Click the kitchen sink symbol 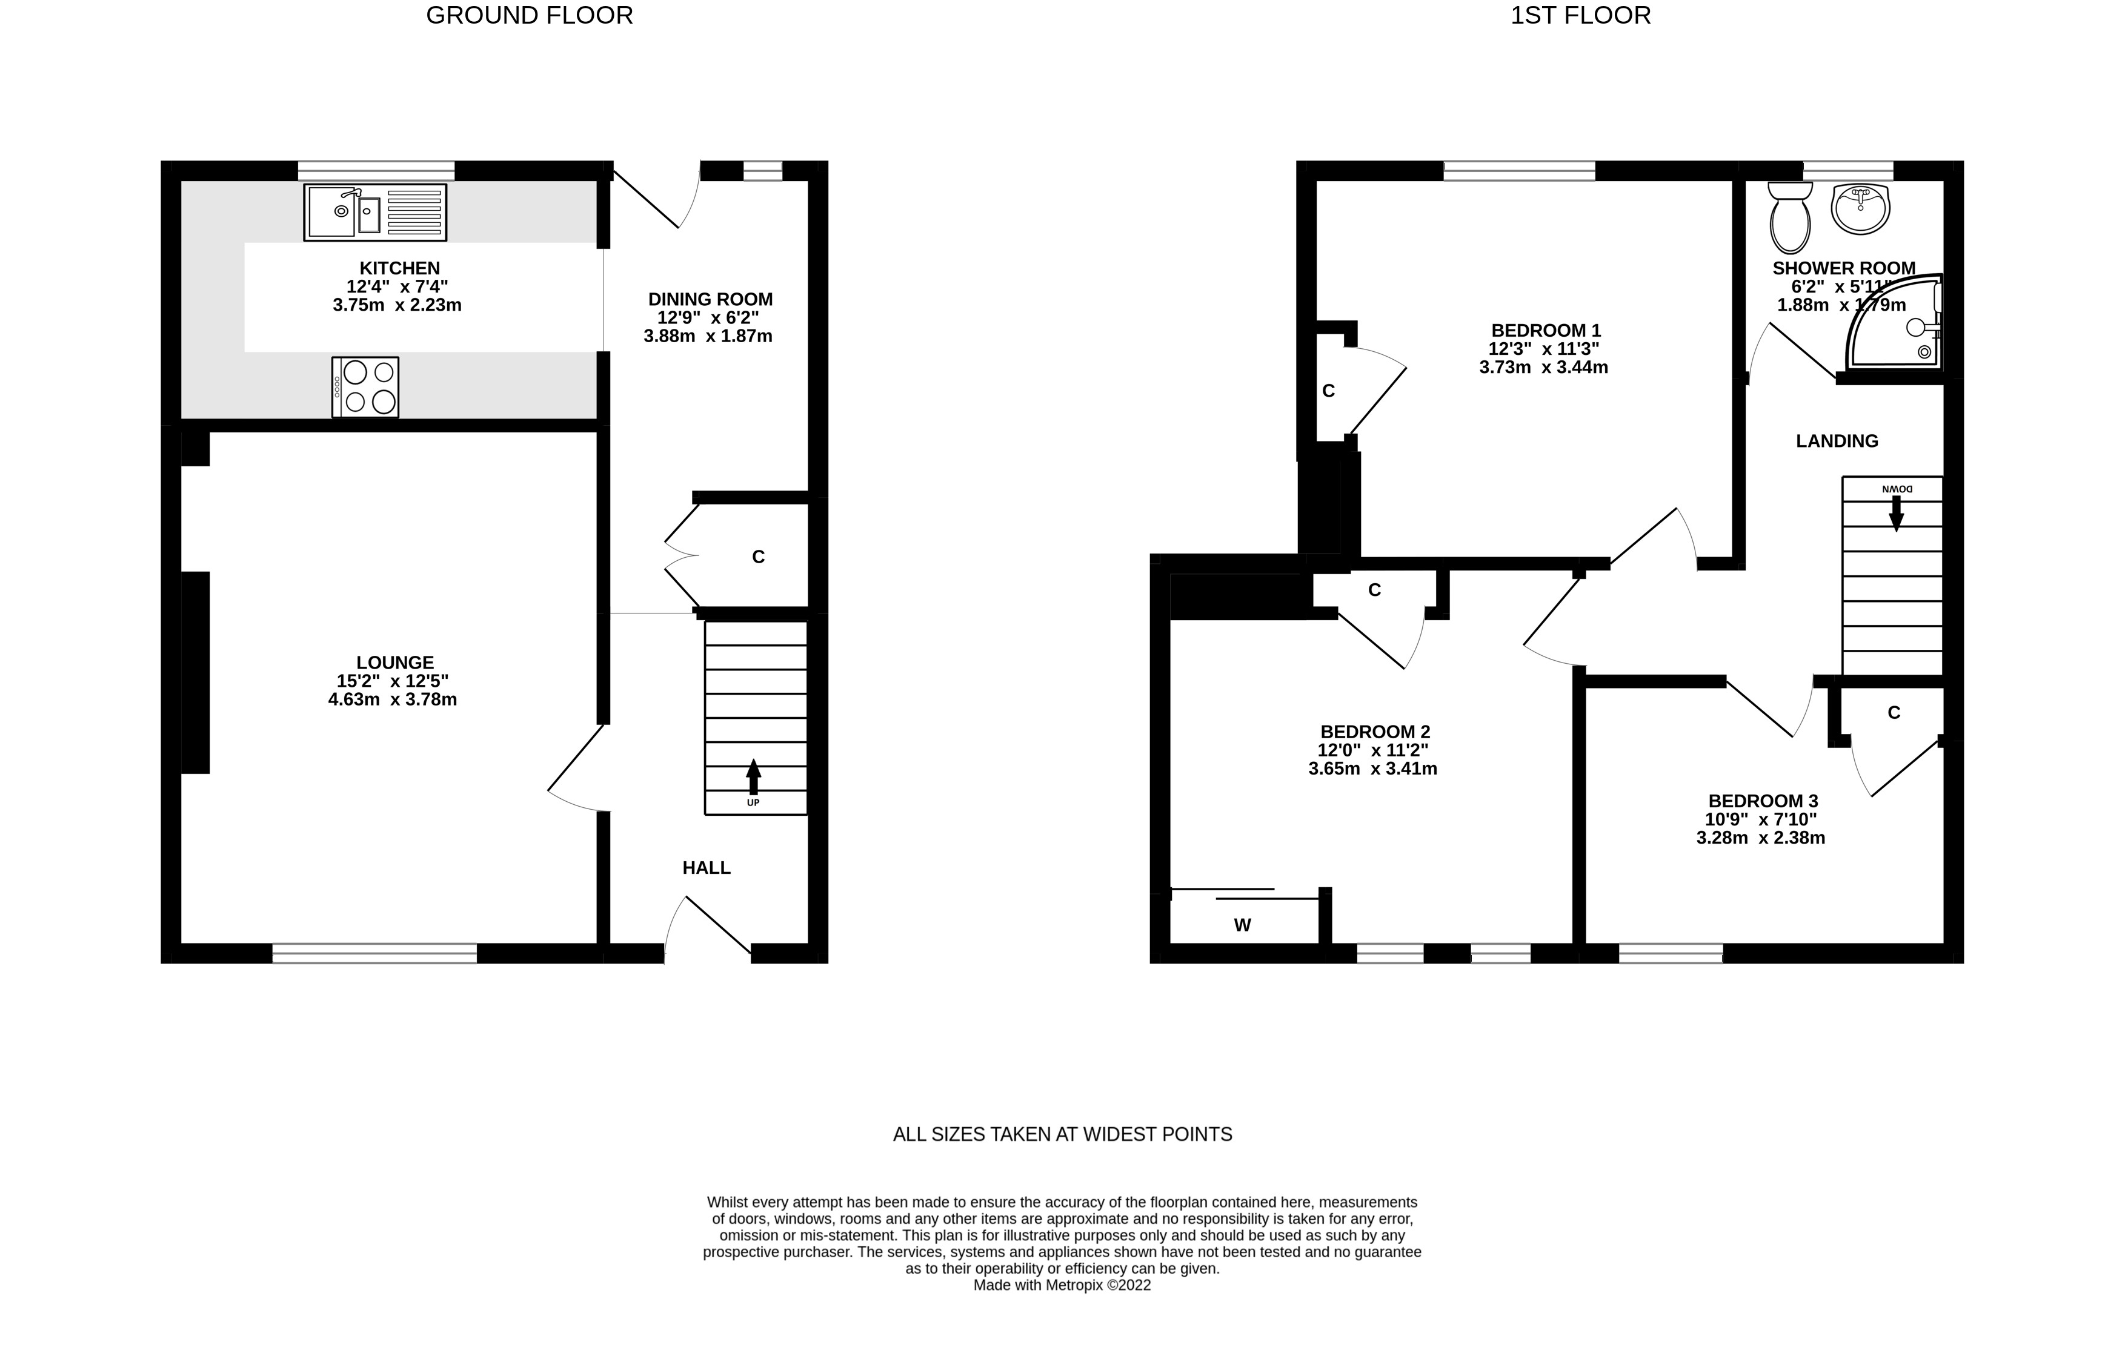click(x=375, y=213)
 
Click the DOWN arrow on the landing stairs click(x=1895, y=512)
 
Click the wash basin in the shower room click(x=1860, y=209)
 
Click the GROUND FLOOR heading click(x=529, y=16)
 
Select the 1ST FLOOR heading click(x=1580, y=16)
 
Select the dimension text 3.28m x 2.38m click(x=1760, y=838)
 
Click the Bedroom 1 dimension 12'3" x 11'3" click(x=1544, y=349)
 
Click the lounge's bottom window click(x=374, y=953)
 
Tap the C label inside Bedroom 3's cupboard click(x=1894, y=713)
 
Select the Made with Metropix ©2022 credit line click(x=1062, y=1286)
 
